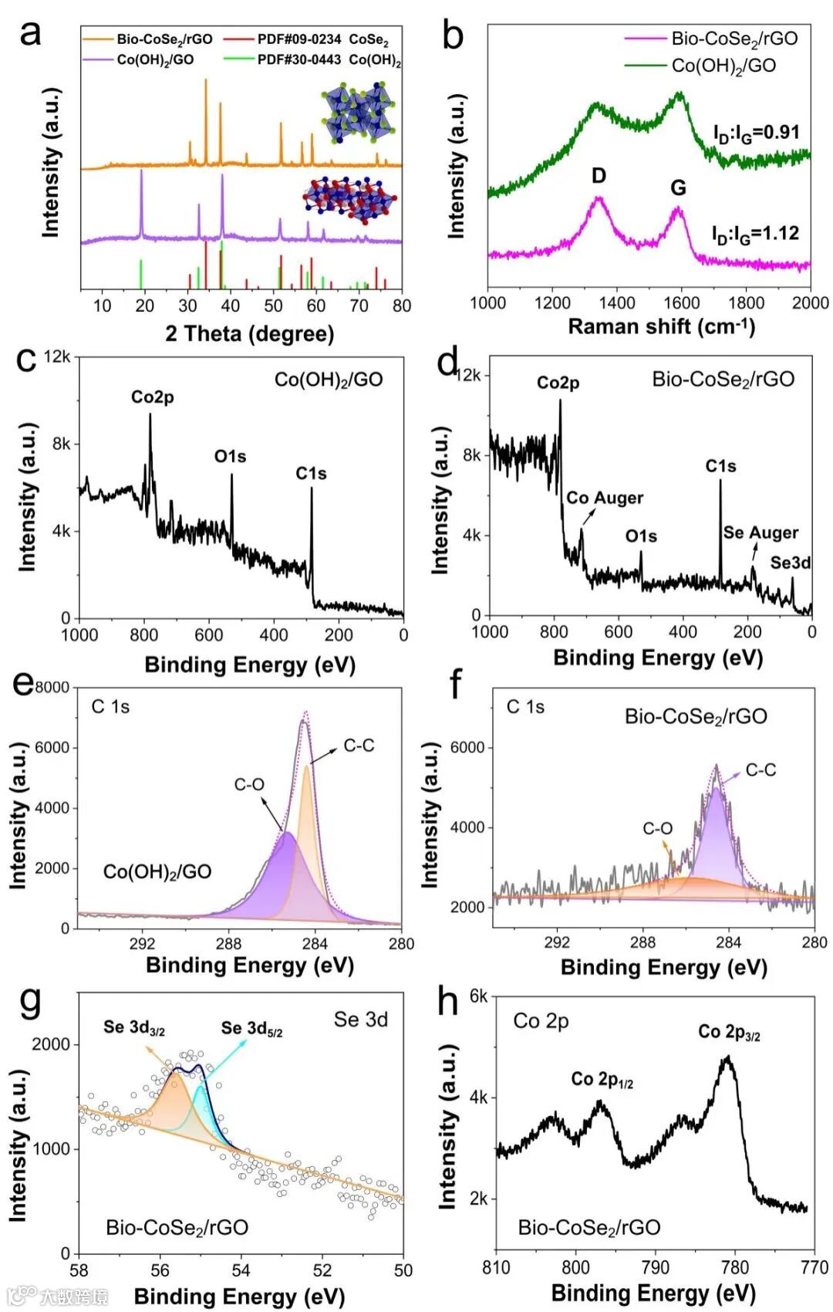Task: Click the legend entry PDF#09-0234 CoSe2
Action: tap(322, 39)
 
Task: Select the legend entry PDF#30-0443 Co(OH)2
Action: tap(329, 60)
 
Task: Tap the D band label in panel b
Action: tap(599, 176)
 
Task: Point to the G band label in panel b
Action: tap(678, 188)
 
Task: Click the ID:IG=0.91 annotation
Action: tap(756, 133)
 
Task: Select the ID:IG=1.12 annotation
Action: tap(755, 233)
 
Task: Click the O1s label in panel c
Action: tap(230, 456)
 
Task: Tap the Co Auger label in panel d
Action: tap(605, 498)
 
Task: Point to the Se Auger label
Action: tap(760, 533)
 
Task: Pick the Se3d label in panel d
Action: tap(791, 563)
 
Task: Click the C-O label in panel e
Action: tap(249, 784)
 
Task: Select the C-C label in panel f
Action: tap(760, 770)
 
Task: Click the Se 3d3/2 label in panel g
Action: tap(134, 1027)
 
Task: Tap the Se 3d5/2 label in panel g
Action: tap(251, 1028)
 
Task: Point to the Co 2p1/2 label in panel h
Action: tap(602, 1079)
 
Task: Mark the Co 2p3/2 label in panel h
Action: tap(729, 1032)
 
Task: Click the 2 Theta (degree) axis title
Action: tap(249, 333)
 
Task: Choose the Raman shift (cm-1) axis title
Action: tap(662, 326)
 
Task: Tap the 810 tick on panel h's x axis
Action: tap(496, 1267)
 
